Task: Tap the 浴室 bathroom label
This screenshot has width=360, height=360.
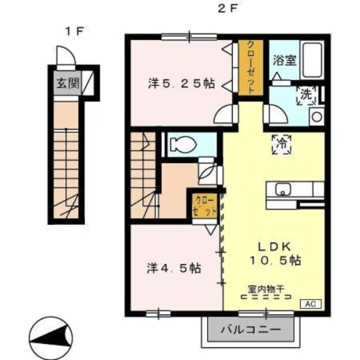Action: point(285,60)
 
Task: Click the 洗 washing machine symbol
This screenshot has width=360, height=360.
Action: point(306,95)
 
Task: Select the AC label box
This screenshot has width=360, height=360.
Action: point(311,303)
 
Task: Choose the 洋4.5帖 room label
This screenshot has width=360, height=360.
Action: point(173,268)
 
